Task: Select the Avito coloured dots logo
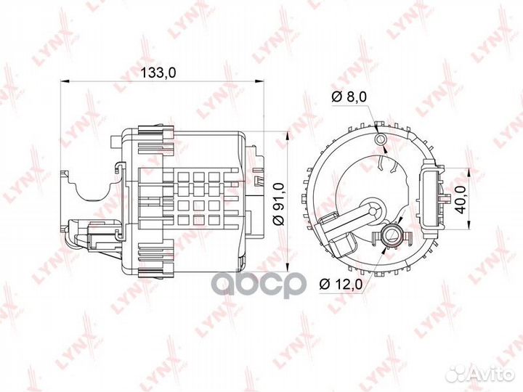pyautogui.click(x=457, y=372)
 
